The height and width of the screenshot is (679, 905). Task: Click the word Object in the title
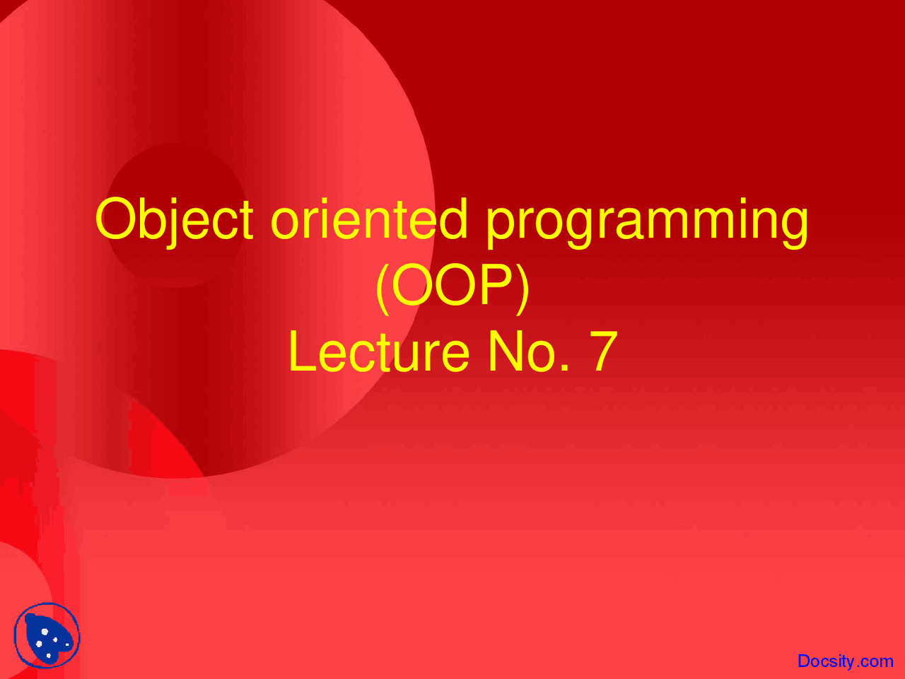pyautogui.click(x=174, y=219)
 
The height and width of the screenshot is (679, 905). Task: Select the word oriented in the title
pyautogui.click(x=369, y=219)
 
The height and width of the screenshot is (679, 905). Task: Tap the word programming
pyautogui.click(x=646, y=221)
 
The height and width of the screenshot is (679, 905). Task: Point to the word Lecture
pyautogui.click(x=379, y=352)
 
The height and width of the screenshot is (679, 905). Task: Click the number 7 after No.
pyautogui.click(x=603, y=352)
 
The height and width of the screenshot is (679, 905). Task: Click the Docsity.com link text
pyautogui.click(x=845, y=661)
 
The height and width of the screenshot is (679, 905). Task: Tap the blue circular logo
pyautogui.click(x=47, y=635)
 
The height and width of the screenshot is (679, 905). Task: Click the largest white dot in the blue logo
pyautogui.click(x=45, y=632)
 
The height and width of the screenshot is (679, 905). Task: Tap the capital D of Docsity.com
pyautogui.click(x=804, y=661)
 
